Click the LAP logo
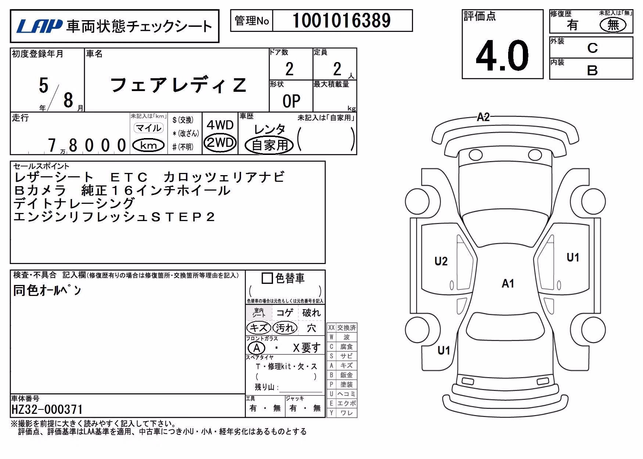[x=39, y=26]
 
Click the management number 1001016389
[x=341, y=21]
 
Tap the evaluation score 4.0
[x=502, y=55]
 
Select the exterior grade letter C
[x=592, y=48]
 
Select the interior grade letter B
[x=592, y=70]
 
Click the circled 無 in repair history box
[x=613, y=25]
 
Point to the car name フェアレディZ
[x=178, y=85]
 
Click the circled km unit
[x=148, y=145]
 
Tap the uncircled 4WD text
[x=220, y=125]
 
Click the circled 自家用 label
[x=269, y=145]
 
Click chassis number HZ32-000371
[x=47, y=409]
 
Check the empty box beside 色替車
[x=267, y=278]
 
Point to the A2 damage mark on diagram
[x=483, y=117]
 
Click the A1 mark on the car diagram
[x=508, y=283]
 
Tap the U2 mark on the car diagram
[x=441, y=261]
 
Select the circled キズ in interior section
[x=259, y=328]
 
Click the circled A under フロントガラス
[x=256, y=348]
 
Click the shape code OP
[x=291, y=101]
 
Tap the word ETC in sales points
[x=129, y=177]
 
